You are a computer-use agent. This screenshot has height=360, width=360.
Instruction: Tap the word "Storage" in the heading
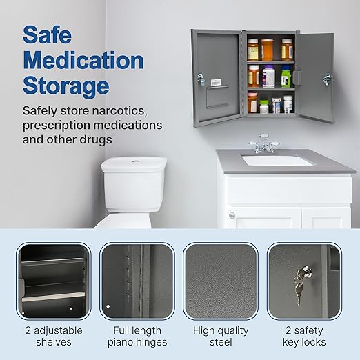[x=66, y=86]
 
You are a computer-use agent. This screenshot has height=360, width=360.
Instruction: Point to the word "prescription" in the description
[x=63, y=126]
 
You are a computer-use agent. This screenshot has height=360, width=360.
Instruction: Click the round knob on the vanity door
[x=231, y=215]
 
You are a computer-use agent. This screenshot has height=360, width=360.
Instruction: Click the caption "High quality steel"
[x=220, y=337]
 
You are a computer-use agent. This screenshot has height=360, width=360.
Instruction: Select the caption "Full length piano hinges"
[x=137, y=337]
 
